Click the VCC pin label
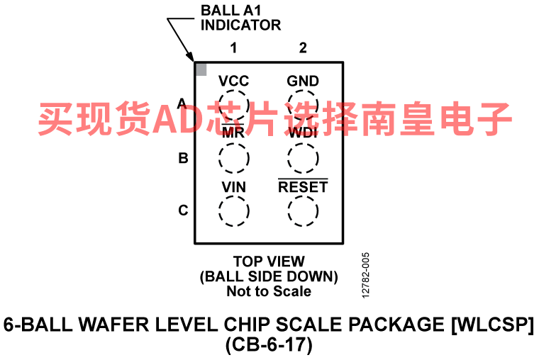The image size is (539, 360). (234, 81)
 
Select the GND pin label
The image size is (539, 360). (303, 81)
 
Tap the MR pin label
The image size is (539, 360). (233, 132)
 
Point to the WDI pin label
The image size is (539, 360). (303, 133)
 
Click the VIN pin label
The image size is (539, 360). (234, 187)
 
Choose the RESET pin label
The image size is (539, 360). (303, 186)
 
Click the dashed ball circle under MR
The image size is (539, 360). (234, 143)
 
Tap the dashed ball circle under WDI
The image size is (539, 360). (303, 143)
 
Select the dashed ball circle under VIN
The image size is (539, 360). (234, 196)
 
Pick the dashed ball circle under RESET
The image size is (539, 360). (303, 196)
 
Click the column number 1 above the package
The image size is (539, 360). (234, 47)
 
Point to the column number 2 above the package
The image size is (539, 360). (303, 47)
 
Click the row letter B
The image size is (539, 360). (183, 158)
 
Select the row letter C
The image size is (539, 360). (183, 210)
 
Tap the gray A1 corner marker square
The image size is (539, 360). (201, 69)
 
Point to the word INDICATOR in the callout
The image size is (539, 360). (240, 25)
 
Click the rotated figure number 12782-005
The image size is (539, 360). (366, 276)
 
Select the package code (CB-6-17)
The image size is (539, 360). (269, 344)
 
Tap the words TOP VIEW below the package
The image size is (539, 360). (269, 261)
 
